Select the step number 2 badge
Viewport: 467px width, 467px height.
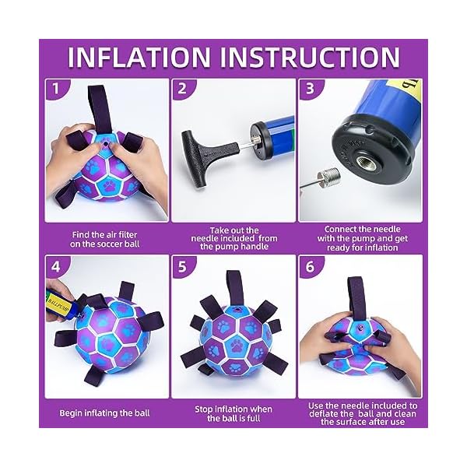181,89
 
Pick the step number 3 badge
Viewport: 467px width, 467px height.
310,89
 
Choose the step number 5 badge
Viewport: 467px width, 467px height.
181,265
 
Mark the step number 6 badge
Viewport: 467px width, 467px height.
310,265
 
